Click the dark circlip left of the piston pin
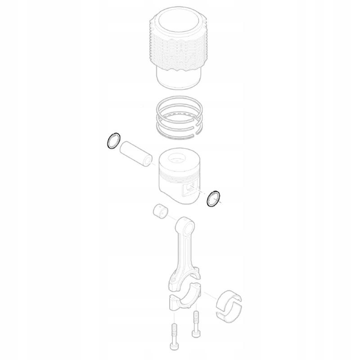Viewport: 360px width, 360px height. point(112,141)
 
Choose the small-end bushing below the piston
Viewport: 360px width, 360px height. point(161,210)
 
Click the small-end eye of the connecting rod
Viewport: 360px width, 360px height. point(185,224)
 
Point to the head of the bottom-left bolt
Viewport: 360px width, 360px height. point(174,347)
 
